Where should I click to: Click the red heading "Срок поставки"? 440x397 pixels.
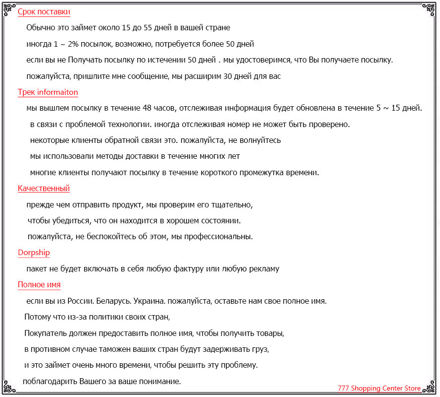[x=44, y=12]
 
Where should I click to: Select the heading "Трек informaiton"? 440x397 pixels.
[x=48, y=92]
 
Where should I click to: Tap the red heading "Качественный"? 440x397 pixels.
[x=44, y=188]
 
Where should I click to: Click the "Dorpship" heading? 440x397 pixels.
[x=34, y=253]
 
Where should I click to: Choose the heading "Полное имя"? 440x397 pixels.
[x=39, y=285]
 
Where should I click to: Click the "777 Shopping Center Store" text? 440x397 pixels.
[x=379, y=389]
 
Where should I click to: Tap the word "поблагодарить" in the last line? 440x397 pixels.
[x=50, y=382]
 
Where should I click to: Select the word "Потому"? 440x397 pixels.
[x=38, y=317]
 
